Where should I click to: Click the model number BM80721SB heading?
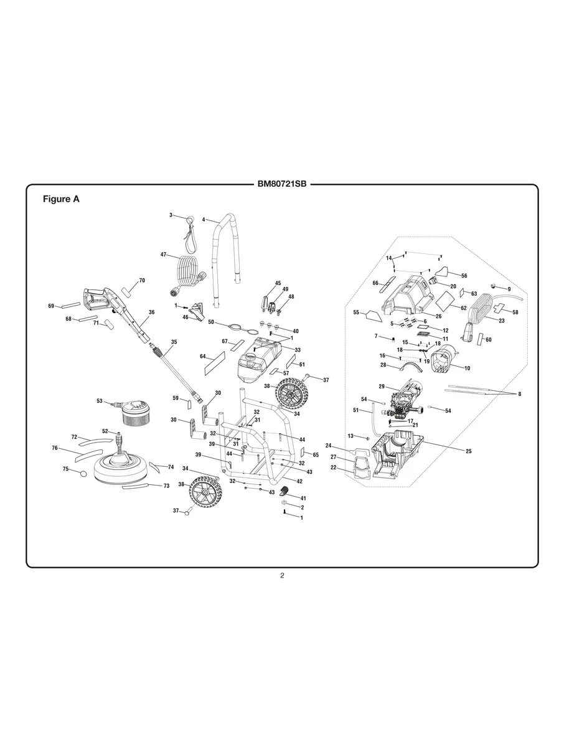click(x=282, y=184)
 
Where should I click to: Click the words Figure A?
click(x=61, y=200)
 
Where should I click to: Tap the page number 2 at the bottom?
click(x=282, y=575)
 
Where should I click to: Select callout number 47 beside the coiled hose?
click(x=164, y=255)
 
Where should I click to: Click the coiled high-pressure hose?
click(x=187, y=274)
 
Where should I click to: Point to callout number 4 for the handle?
click(x=204, y=220)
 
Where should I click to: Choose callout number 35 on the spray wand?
click(x=174, y=342)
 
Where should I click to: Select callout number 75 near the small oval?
click(x=65, y=469)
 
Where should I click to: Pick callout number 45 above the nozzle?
click(x=278, y=283)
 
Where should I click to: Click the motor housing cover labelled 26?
click(x=408, y=299)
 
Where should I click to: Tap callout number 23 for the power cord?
click(x=502, y=320)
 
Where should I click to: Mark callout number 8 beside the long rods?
click(x=519, y=394)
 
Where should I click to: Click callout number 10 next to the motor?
click(x=467, y=368)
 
